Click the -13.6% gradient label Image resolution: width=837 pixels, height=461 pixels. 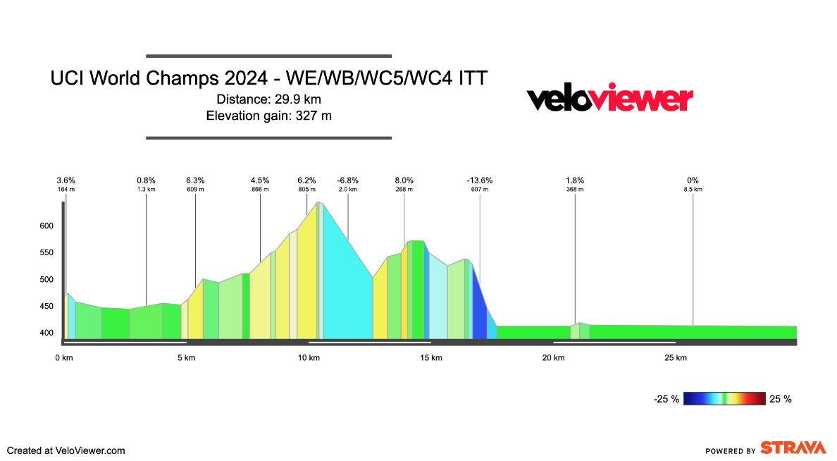click(x=480, y=180)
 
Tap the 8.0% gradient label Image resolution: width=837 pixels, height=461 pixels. click(x=404, y=180)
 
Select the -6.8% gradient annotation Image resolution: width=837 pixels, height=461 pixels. click(x=348, y=180)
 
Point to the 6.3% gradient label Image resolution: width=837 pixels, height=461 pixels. click(x=195, y=180)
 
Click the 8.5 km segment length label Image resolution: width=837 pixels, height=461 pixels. click(x=693, y=190)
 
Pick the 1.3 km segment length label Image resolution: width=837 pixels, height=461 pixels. click(x=146, y=190)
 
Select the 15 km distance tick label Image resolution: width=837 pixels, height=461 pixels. click(x=431, y=358)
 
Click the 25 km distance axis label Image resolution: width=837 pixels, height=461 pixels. click(x=676, y=358)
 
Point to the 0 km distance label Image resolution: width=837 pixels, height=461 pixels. click(x=64, y=358)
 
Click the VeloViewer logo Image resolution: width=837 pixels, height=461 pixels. click(x=610, y=99)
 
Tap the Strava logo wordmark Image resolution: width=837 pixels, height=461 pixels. click(x=793, y=448)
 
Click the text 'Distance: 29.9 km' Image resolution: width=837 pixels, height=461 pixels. click(x=268, y=99)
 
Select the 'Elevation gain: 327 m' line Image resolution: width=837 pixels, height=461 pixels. click(x=268, y=116)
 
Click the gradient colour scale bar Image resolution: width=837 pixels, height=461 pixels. click(x=724, y=399)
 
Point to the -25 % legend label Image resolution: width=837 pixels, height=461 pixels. click(x=666, y=400)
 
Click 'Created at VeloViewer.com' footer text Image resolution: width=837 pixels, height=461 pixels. click(x=66, y=450)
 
